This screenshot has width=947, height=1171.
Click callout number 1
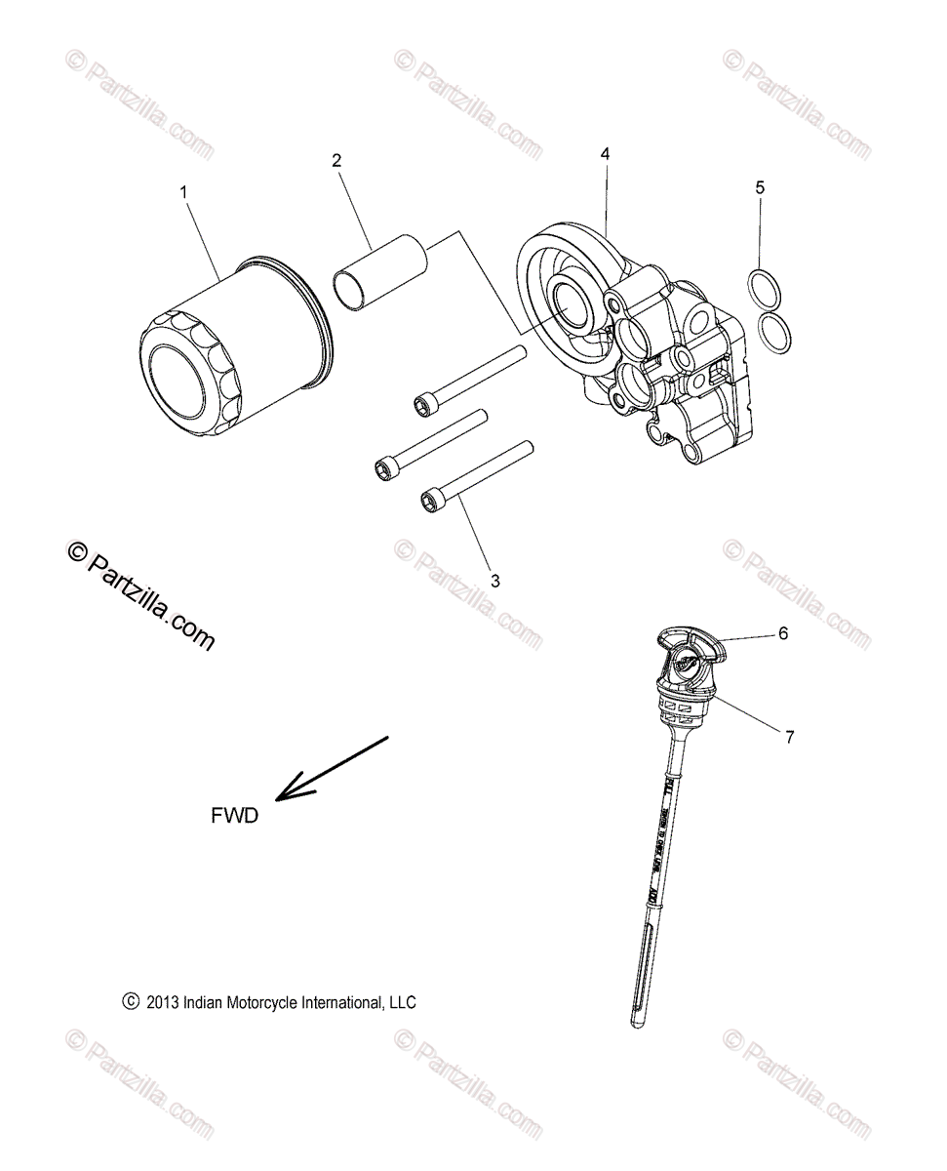[183, 193]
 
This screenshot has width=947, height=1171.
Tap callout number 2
[336, 161]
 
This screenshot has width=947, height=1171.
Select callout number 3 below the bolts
[495, 581]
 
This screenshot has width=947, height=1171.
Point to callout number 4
[605, 154]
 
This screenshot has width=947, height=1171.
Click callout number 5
[760, 186]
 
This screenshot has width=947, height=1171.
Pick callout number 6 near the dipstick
[809, 633]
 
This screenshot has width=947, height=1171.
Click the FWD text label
[235, 816]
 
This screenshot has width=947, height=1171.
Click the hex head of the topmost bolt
[424, 402]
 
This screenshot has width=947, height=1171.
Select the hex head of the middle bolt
[383, 469]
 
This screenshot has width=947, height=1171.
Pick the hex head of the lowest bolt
[429, 502]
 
